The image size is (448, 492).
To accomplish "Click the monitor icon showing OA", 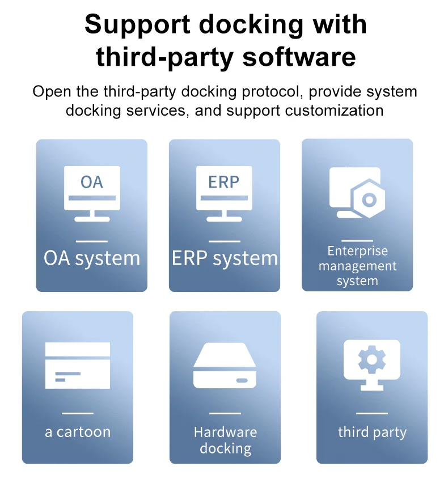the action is click(x=92, y=192).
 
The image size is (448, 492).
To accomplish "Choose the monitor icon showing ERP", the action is click(x=224, y=192).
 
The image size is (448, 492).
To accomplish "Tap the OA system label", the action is click(x=92, y=258).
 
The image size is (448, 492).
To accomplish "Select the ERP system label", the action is click(x=225, y=258).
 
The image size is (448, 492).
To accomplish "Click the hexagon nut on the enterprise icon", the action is click(x=369, y=200).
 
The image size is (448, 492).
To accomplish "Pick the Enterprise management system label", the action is click(x=357, y=266).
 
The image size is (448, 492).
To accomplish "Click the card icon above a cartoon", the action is click(x=78, y=365).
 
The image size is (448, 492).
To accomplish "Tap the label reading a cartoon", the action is click(x=78, y=432).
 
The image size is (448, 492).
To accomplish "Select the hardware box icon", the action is click(x=225, y=366).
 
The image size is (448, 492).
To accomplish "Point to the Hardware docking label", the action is click(x=225, y=440).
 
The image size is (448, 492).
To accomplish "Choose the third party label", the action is click(x=372, y=432).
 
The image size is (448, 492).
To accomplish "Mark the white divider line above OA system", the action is click(x=92, y=241).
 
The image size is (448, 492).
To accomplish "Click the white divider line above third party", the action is click(x=372, y=413).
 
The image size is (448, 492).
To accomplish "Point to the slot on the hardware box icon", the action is click(x=242, y=380).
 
